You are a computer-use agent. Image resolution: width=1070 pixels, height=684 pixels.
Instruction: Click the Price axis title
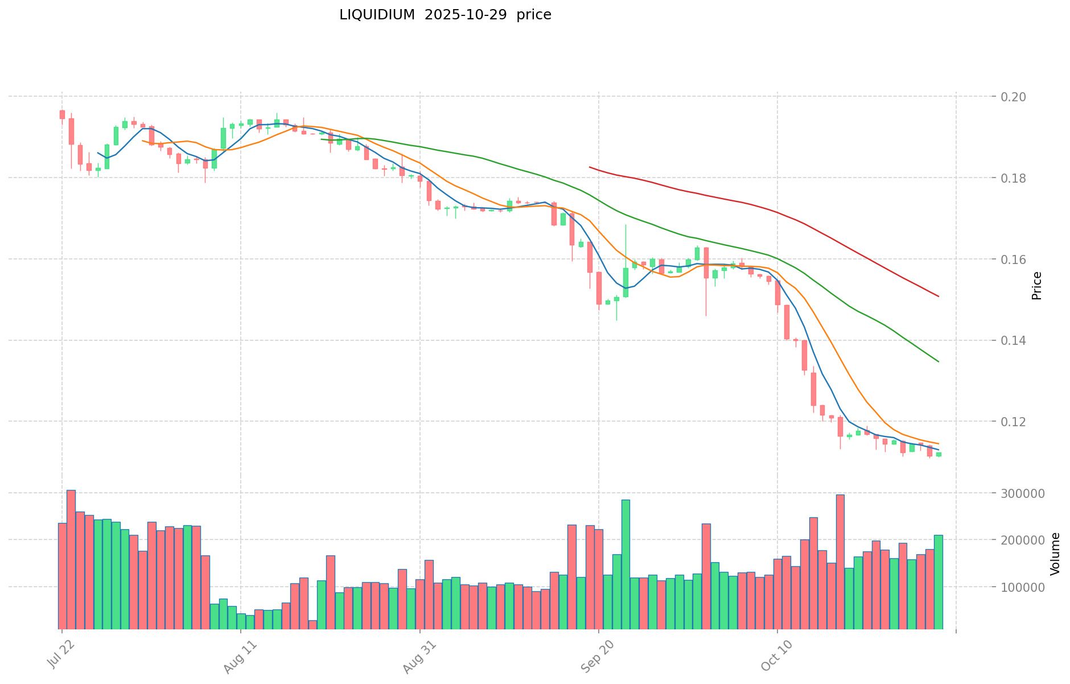pos(1036,286)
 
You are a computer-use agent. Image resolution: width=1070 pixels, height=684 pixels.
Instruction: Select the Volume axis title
pos(1055,554)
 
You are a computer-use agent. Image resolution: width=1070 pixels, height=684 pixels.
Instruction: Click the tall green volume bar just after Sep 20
pos(625,563)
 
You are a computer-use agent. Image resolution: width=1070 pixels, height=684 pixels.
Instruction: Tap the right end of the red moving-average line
pos(938,296)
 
